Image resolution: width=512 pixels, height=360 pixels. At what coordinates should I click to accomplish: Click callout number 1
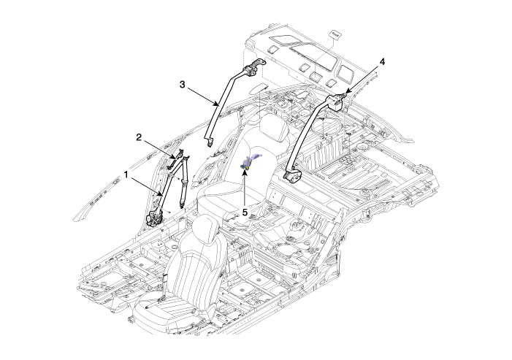tap(126, 175)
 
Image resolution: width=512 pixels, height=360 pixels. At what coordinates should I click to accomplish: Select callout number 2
tap(139, 137)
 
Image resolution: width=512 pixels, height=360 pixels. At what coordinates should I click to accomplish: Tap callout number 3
tap(182, 85)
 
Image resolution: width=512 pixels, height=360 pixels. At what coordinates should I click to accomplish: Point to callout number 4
tap(382, 61)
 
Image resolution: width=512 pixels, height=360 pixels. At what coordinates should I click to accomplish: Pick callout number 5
tap(245, 212)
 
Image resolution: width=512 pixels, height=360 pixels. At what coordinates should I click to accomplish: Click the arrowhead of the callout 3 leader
tap(216, 104)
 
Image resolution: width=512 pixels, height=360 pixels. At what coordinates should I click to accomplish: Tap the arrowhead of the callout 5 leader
tap(244, 172)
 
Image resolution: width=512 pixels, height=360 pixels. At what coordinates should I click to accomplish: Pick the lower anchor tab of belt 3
tap(209, 142)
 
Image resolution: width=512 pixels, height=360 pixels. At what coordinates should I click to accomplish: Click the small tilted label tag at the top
tap(335, 34)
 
